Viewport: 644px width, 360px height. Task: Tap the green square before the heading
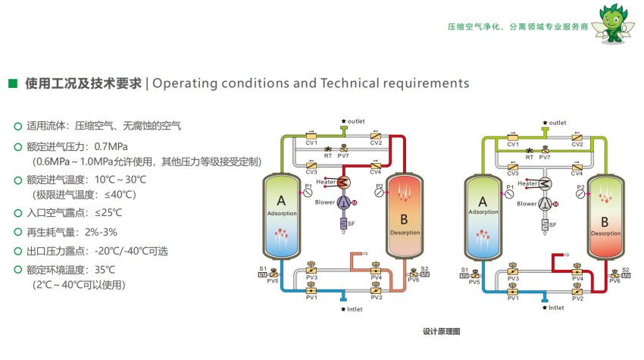click(12, 83)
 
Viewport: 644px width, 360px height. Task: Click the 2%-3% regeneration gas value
click(100, 231)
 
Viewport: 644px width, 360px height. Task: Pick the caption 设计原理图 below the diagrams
click(442, 331)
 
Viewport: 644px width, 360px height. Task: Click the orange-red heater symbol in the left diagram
click(344, 182)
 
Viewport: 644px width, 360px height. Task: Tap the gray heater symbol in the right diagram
click(546, 183)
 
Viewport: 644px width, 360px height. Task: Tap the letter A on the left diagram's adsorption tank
click(281, 201)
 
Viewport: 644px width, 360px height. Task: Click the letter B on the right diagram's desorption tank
click(604, 222)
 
